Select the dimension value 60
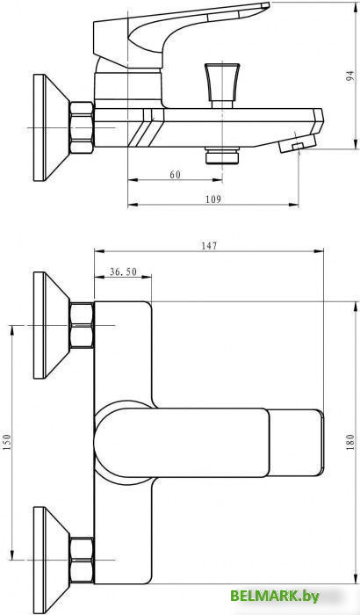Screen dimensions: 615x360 (176, 175)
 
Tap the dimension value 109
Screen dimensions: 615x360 (212, 199)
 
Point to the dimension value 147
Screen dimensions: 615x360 (208, 247)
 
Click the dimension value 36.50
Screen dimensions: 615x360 (123, 272)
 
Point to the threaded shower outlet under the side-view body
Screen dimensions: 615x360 (214, 156)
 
